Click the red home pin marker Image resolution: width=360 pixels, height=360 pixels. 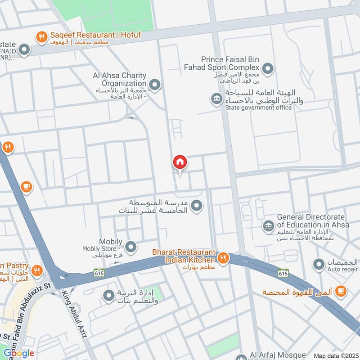[x=180, y=162]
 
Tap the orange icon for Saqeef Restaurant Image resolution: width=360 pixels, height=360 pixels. [x=41, y=38]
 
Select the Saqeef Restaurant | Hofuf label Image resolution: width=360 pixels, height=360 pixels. [x=89, y=34]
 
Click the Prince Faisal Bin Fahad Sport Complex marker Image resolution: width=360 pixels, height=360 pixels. [x=268, y=69]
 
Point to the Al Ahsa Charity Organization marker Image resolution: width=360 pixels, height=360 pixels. [x=155, y=84]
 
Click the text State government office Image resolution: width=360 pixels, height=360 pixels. [x=258, y=108]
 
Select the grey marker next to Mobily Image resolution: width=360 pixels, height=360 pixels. [x=130, y=246]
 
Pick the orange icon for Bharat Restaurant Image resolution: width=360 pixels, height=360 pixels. [x=223, y=258]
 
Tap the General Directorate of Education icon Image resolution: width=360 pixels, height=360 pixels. [x=269, y=226]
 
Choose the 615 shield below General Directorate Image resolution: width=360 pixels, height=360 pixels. [x=283, y=273]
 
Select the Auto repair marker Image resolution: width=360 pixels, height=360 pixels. [x=319, y=264]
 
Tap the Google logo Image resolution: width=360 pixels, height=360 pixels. [x=18, y=353]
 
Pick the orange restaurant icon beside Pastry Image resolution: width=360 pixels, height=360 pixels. [x=37, y=270]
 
